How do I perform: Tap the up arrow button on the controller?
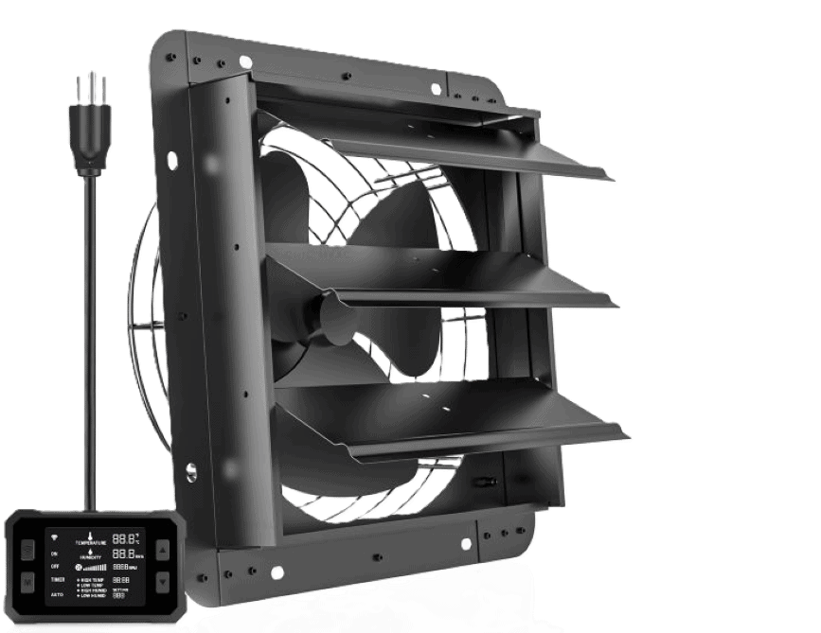(163, 550)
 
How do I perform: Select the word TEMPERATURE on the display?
(91, 542)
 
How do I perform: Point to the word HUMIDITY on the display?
(91, 557)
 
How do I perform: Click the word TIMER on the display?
(58, 580)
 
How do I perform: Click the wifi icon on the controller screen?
(54, 537)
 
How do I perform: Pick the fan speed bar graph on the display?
(96, 567)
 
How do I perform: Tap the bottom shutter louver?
(455, 416)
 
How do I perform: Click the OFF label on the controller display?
(55, 566)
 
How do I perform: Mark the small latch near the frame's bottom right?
(484, 480)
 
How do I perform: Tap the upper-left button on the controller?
(27, 550)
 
